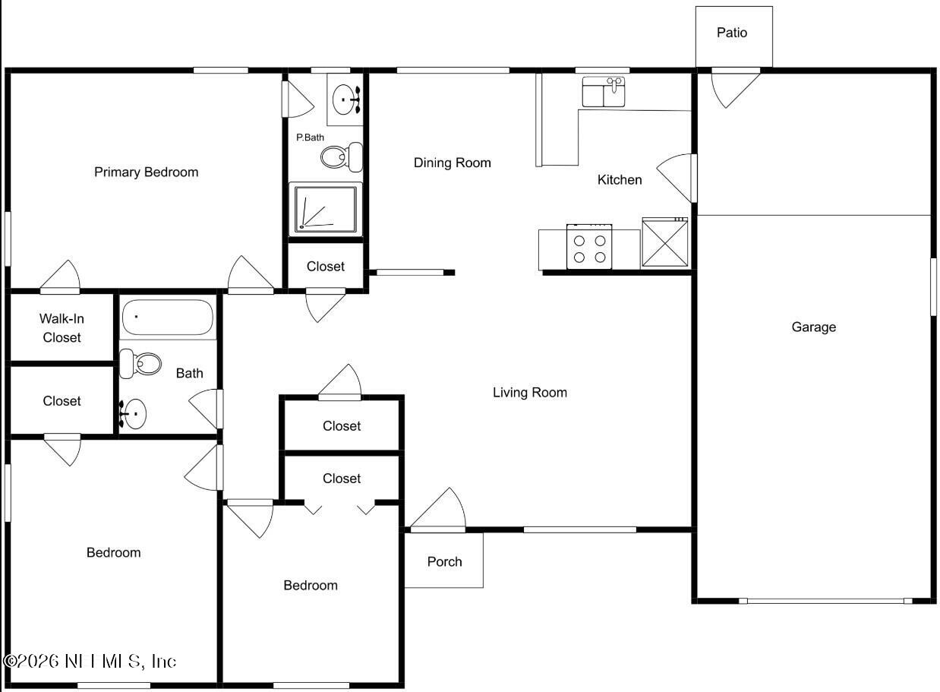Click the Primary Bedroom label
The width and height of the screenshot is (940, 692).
[x=146, y=172]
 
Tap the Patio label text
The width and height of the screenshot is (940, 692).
[x=732, y=33]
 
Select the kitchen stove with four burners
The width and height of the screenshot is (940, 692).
[x=590, y=248]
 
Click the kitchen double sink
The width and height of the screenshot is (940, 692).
[x=604, y=92]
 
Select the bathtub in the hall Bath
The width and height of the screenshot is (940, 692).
[x=168, y=318]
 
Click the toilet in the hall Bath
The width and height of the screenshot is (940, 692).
[x=141, y=364]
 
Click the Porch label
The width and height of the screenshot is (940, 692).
[x=444, y=561]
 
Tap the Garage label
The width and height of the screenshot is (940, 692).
[x=813, y=327]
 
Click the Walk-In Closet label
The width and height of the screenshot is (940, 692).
[x=62, y=328]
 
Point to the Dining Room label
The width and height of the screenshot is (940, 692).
[x=452, y=163]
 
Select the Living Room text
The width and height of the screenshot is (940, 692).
[x=529, y=392]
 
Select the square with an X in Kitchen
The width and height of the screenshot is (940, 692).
[x=665, y=243]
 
